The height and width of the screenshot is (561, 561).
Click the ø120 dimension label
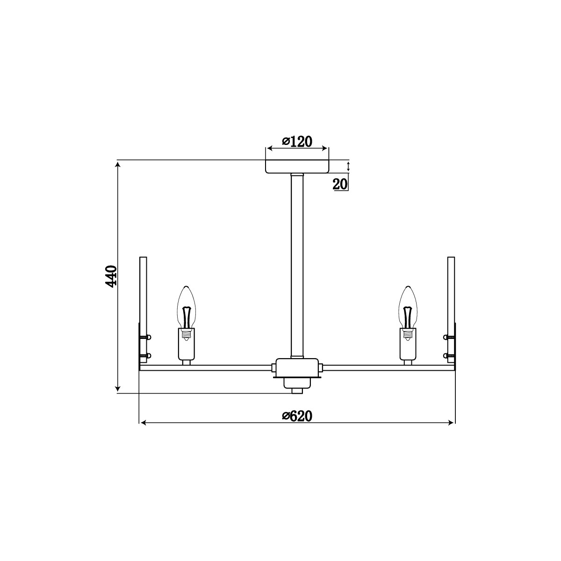click(x=297, y=142)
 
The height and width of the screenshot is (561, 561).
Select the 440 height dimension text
click(x=111, y=276)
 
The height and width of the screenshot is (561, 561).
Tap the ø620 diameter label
click(x=297, y=416)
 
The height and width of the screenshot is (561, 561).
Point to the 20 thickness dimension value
click(x=340, y=184)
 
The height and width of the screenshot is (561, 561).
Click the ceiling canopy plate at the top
click(x=297, y=166)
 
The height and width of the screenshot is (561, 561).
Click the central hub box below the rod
click(x=297, y=368)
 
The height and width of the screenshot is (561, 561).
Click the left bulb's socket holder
click(x=187, y=344)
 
